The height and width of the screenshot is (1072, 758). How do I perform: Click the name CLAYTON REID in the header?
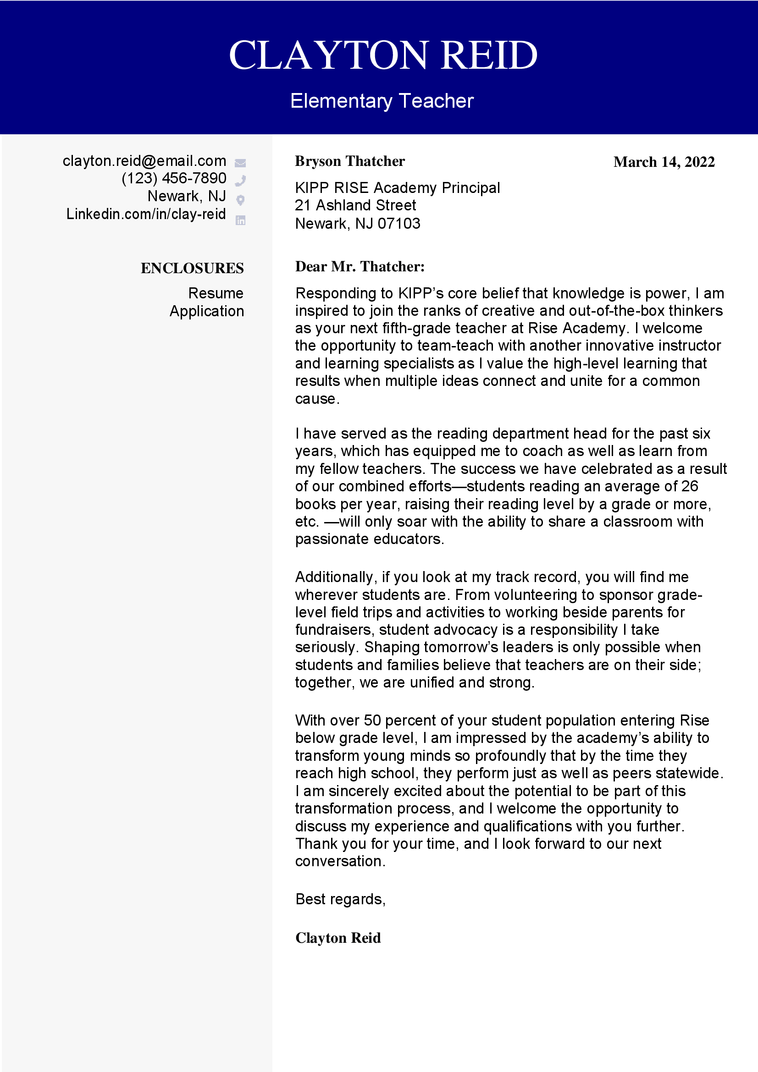point(383,55)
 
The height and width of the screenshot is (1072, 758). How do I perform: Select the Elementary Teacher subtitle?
point(382,101)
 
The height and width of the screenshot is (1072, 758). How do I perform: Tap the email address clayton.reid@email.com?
point(144,161)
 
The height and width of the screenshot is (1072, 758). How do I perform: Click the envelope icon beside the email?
point(240,163)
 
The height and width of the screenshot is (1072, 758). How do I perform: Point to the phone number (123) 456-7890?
point(174,178)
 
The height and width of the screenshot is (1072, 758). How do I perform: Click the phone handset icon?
point(241,180)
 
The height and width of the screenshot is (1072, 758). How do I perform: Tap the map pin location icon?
point(240,200)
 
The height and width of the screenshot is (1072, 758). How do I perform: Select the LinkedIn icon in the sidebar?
point(240,220)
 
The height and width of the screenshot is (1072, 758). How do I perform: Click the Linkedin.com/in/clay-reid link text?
point(146,214)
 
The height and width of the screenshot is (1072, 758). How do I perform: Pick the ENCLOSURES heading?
point(192,269)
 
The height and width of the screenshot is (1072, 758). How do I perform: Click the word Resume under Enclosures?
point(216,293)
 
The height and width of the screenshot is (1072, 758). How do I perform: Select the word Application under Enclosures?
point(206,311)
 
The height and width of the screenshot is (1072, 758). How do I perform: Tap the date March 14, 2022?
point(664,162)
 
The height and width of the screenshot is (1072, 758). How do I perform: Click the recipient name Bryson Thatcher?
point(350,161)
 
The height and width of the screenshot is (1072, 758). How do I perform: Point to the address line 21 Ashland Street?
point(355,205)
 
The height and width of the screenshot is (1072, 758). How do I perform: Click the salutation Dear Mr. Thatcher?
point(360,267)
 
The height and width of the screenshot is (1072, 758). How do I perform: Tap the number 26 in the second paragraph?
point(689,487)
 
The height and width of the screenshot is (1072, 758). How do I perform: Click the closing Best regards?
point(340,899)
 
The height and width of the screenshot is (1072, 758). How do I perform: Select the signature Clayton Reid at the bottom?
point(338,938)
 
